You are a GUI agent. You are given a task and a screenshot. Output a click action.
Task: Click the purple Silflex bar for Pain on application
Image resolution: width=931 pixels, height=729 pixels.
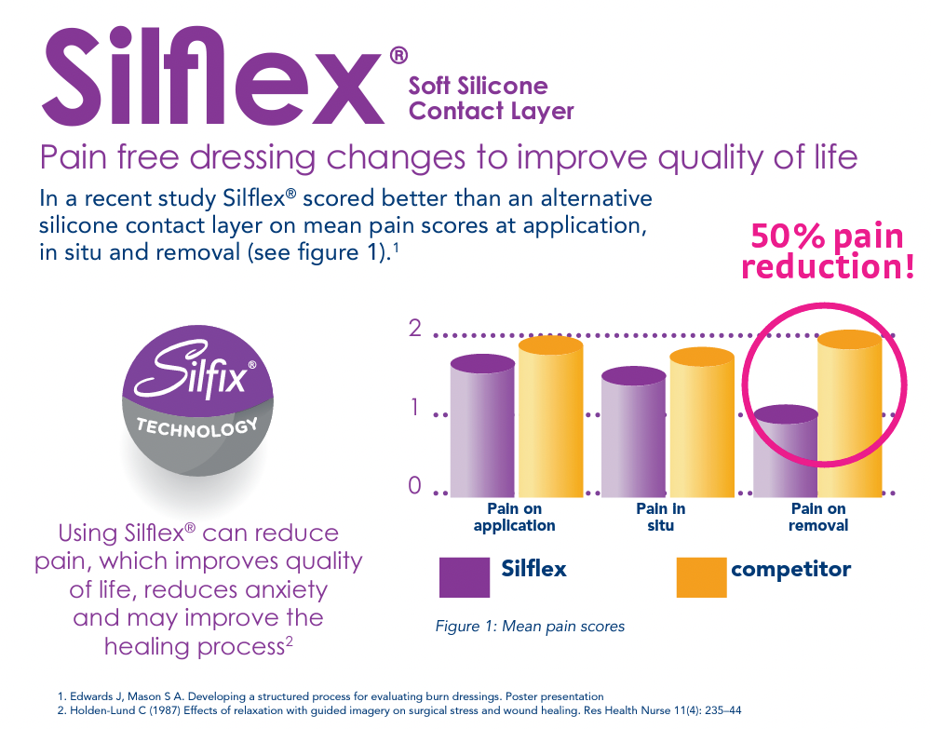coord(483,428)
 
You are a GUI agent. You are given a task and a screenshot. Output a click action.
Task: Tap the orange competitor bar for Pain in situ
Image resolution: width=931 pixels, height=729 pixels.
coord(702,424)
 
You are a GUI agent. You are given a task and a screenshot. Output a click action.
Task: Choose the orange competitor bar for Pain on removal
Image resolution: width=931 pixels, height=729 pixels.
coord(850,414)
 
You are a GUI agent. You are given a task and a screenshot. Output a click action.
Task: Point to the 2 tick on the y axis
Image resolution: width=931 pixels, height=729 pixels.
coord(415,329)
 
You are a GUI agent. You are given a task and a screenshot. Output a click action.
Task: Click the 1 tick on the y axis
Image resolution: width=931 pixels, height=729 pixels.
coord(415,408)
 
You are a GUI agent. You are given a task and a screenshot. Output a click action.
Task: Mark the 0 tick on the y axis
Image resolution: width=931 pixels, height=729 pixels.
coord(415,486)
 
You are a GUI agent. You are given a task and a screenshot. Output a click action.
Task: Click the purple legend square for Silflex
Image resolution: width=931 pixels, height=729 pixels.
coord(464,577)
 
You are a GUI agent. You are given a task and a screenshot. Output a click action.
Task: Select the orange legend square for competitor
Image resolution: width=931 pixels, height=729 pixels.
coord(700,577)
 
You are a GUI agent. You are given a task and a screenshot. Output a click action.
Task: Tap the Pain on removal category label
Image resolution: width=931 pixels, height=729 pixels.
coord(818,517)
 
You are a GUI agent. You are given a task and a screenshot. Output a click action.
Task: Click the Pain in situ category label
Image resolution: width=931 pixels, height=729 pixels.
coord(661,517)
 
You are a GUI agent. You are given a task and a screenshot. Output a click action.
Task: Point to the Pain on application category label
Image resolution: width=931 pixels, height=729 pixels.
coord(514,517)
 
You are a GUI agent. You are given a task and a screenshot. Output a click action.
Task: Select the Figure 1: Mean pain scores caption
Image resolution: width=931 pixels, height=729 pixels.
coord(530,626)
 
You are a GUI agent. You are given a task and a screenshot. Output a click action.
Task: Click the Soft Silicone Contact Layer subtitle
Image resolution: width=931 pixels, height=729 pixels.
coord(491,99)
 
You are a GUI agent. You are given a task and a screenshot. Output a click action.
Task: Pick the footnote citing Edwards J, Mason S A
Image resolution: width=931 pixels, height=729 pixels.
coord(331,695)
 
